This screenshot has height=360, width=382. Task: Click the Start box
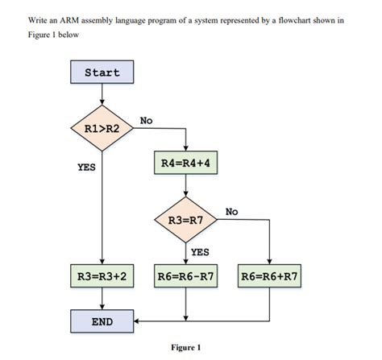[102, 72]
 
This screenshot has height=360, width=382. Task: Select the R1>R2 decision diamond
[102, 128]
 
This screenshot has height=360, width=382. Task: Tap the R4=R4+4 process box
[186, 164]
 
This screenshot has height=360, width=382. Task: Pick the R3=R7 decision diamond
[186, 219]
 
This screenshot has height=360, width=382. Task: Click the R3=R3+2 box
[102, 276]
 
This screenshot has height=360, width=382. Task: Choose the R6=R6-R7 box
[186, 276]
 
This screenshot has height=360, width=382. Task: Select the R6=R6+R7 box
[269, 276]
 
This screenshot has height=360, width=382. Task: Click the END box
[102, 321]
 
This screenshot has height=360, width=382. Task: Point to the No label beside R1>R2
[146, 120]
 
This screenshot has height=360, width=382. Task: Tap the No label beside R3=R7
[232, 211]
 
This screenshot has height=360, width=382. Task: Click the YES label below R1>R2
[86, 168]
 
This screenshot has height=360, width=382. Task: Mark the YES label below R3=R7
[200, 251]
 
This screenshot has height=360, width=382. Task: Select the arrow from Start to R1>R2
[102, 93]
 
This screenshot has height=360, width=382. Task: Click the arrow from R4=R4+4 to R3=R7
[186, 186]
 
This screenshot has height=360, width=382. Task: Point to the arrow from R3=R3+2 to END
[102, 299]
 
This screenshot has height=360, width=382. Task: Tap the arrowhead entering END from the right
[138, 321]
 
